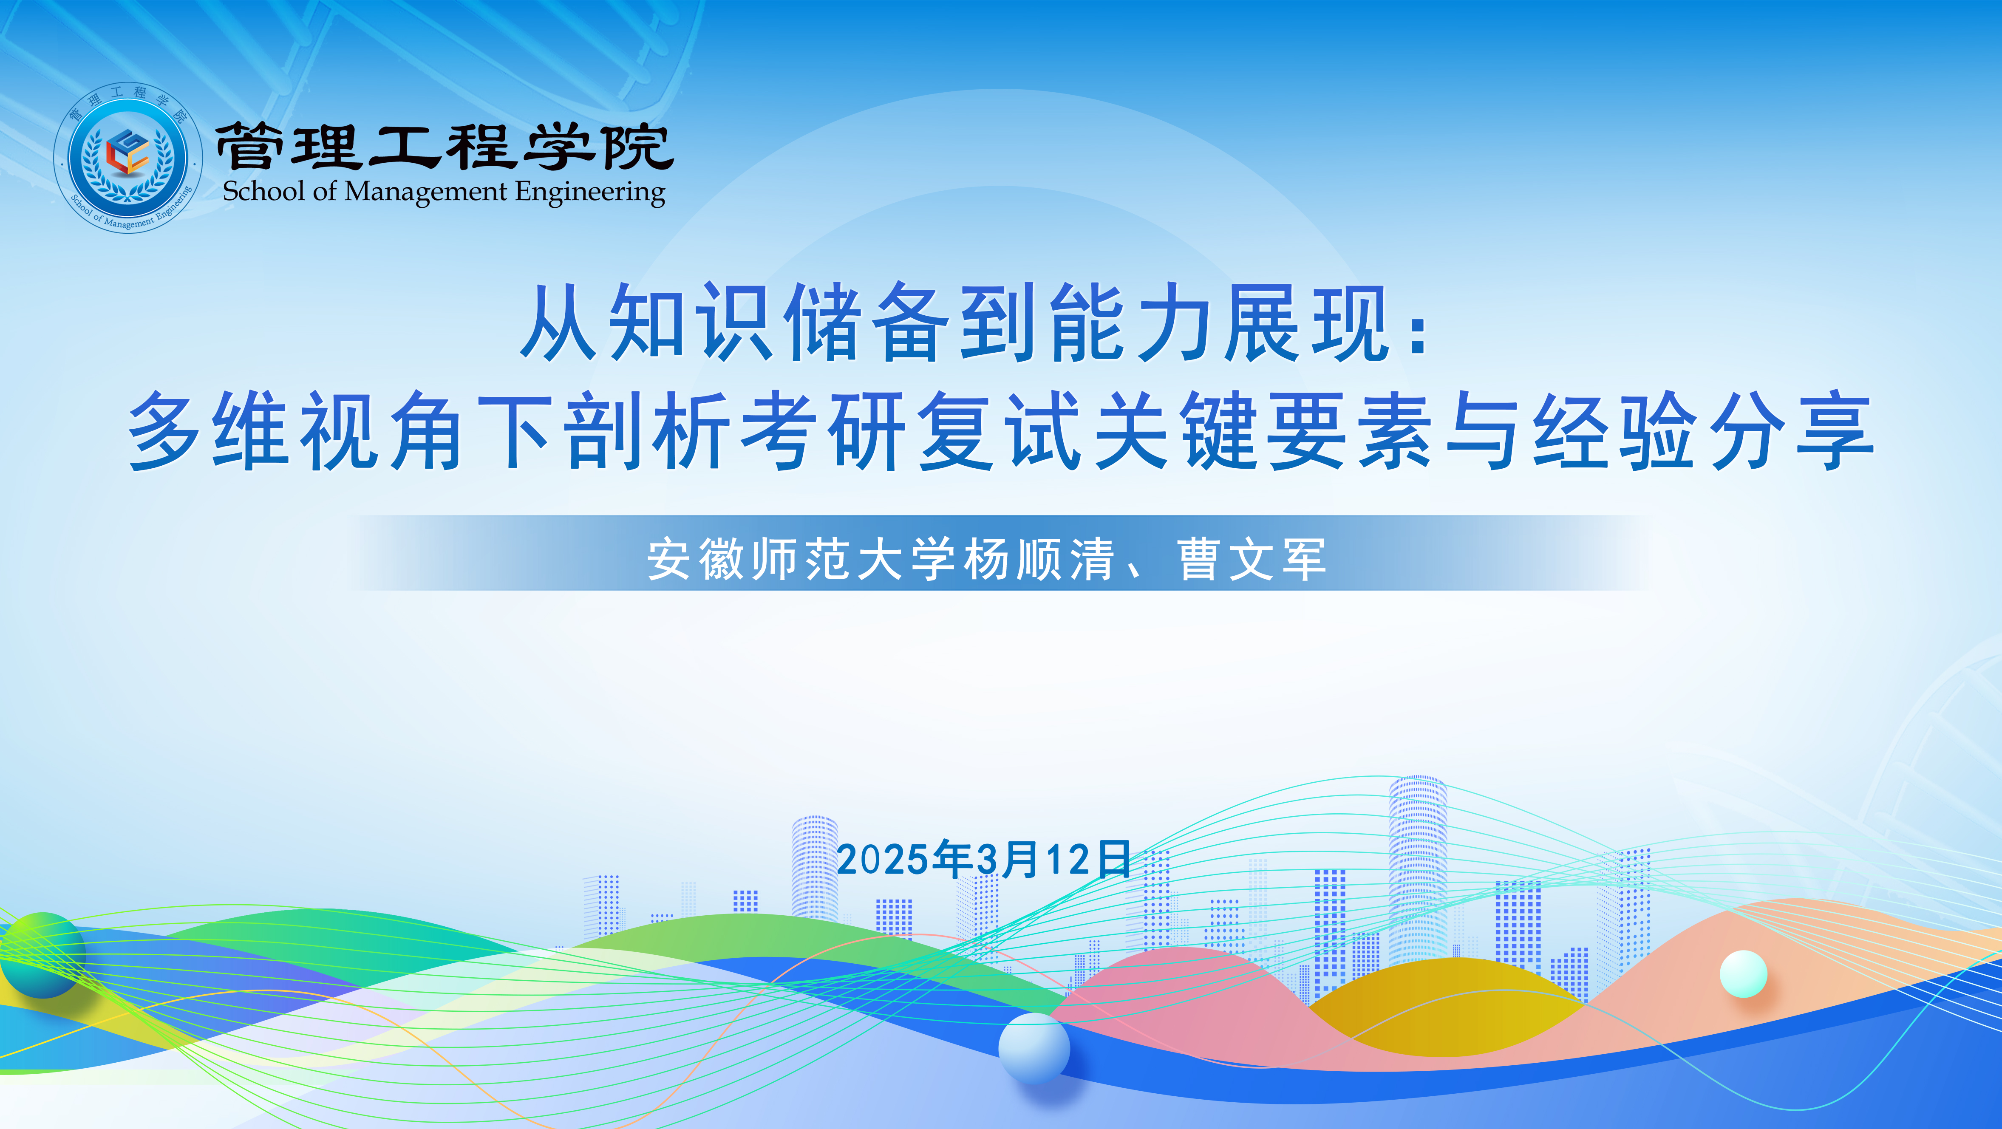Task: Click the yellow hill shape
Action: (1446, 1006)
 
